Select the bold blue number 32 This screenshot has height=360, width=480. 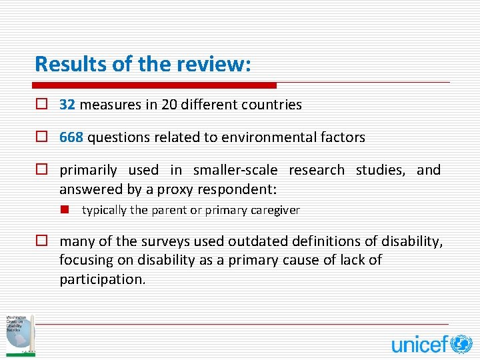pos(67,105)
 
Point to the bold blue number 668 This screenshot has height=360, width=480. pos(71,138)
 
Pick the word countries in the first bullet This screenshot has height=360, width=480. pos(272,105)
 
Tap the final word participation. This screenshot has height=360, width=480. pos(102,279)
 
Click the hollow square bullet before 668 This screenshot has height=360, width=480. pos(41,138)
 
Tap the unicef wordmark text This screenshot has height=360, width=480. pos(420,344)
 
